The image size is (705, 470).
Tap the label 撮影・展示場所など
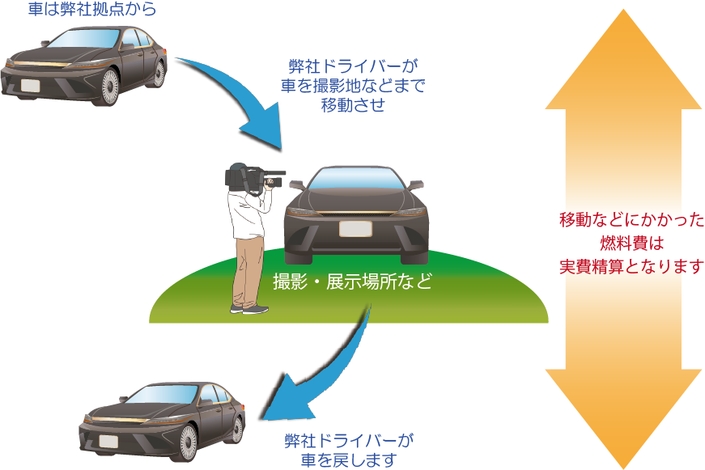(352, 283)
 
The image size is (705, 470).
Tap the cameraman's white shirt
(246, 213)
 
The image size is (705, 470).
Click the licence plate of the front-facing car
(355, 228)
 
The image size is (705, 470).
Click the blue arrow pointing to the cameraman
(243, 105)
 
